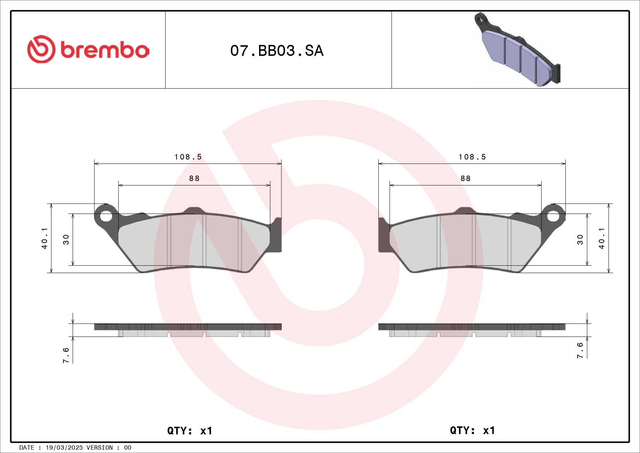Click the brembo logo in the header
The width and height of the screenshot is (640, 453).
(x=88, y=50)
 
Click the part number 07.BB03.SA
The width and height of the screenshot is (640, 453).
(x=277, y=51)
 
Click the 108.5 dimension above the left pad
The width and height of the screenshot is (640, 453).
(x=188, y=157)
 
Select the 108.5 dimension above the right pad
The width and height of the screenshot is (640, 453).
(x=472, y=157)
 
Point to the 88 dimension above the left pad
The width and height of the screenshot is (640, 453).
(x=194, y=178)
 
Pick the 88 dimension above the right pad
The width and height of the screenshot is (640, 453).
(x=465, y=178)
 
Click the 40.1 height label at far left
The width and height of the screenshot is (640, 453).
(x=45, y=238)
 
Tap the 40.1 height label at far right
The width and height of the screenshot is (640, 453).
(x=601, y=238)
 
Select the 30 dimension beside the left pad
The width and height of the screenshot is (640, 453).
(x=66, y=239)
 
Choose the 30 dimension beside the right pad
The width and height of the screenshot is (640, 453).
(x=580, y=239)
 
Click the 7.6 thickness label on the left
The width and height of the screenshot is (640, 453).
(x=66, y=355)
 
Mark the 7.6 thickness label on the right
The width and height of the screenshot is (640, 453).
(x=580, y=350)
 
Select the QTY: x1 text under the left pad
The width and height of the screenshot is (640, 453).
(x=189, y=431)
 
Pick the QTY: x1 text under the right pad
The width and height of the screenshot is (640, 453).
(x=472, y=430)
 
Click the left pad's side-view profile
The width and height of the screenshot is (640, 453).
(x=188, y=330)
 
